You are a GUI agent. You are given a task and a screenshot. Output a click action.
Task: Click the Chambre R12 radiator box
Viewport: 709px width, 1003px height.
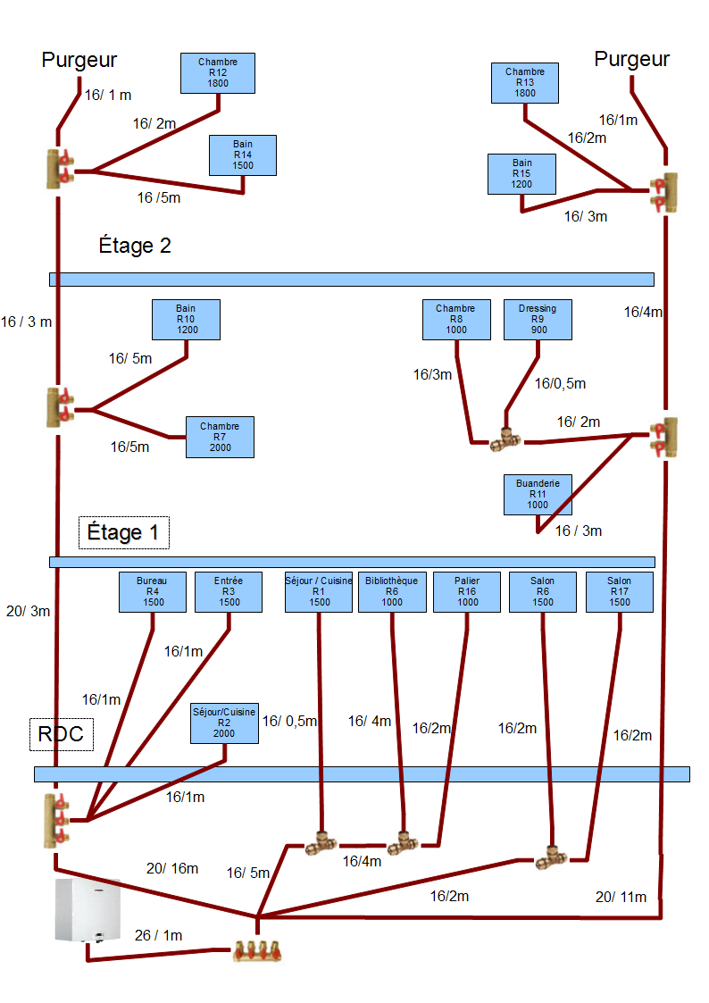[218, 73]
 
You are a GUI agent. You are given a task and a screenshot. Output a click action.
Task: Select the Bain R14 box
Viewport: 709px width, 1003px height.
[243, 155]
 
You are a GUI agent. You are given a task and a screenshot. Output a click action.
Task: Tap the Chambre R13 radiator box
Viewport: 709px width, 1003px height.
[525, 82]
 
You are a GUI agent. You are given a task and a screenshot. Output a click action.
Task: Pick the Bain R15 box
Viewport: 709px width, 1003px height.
[522, 173]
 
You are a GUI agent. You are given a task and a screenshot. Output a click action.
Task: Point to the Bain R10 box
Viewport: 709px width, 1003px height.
[186, 319]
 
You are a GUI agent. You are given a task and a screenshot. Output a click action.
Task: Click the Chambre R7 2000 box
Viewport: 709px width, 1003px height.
[220, 437]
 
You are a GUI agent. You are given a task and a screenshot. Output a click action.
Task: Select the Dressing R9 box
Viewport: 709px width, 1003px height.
[538, 319]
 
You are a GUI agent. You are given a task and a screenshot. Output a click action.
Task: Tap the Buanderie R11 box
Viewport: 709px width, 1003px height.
[538, 494]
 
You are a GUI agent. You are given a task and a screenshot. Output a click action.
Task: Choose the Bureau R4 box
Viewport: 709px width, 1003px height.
[153, 591]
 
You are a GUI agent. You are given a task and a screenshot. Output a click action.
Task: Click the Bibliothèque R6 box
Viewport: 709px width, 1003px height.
[392, 591]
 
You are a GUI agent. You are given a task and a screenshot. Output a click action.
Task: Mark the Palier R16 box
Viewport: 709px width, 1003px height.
[468, 591]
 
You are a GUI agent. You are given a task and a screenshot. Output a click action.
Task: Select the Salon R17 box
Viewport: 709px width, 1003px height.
[619, 591]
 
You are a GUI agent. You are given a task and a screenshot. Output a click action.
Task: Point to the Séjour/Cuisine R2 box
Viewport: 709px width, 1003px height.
[224, 723]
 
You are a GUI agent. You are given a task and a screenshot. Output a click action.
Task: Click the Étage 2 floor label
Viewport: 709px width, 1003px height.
[135, 246]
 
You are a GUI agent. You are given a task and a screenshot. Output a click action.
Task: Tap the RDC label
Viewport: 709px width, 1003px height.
[61, 734]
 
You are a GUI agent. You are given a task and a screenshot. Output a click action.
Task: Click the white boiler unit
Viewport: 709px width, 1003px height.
[88, 909]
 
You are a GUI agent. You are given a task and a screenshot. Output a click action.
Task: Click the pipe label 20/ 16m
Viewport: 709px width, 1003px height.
[172, 868]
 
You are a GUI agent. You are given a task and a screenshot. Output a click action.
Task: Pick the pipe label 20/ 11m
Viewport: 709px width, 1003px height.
[621, 896]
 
